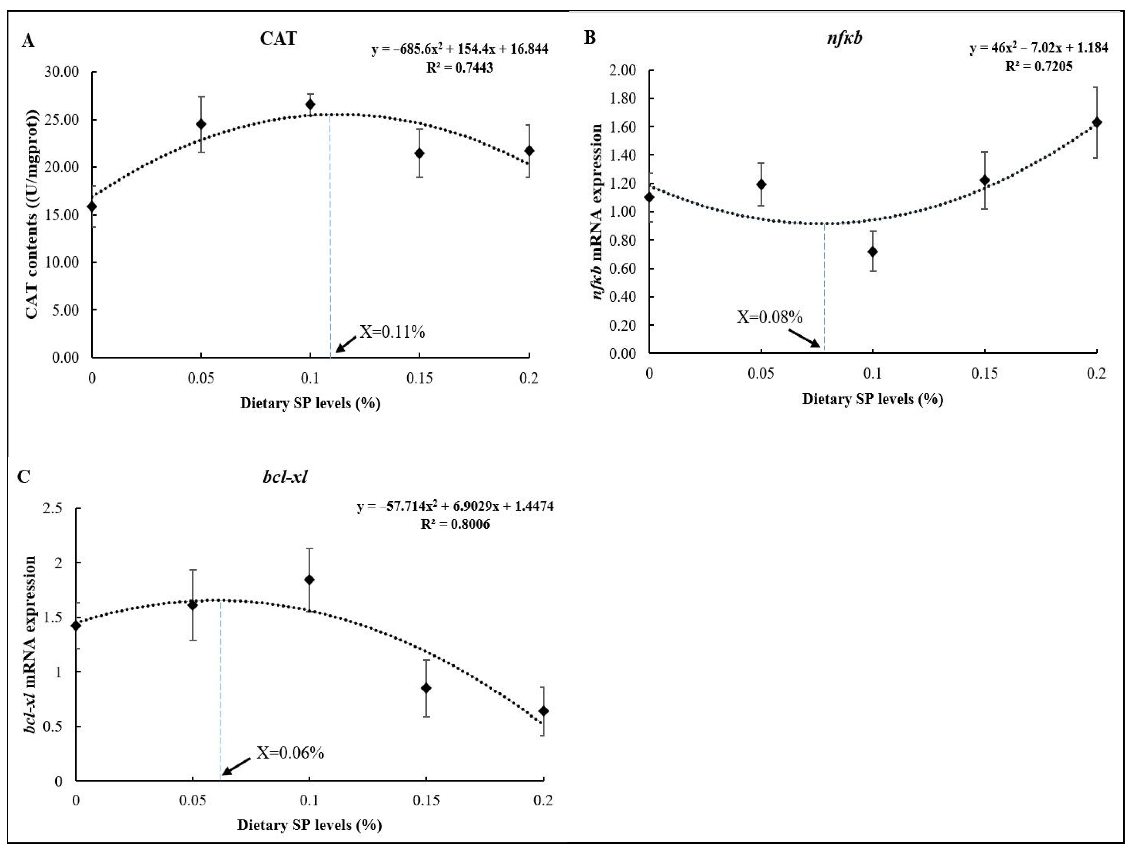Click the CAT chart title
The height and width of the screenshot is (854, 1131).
(278, 39)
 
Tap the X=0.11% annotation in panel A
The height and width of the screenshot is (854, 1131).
(392, 333)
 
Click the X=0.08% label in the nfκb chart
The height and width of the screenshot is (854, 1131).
(769, 318)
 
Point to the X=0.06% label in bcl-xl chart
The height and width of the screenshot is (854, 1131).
(290, 753)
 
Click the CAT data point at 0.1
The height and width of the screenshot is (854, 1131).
(310, 104)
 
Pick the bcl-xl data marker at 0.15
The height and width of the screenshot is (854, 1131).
(426, 688)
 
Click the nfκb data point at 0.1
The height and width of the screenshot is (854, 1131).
(873, 252)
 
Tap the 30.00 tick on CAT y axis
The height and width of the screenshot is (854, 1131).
(61, 72)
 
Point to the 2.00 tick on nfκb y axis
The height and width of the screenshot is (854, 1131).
(622, 70)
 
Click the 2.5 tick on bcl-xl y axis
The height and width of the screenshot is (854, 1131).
(53, 508)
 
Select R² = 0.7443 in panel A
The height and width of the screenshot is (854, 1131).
(460, 68)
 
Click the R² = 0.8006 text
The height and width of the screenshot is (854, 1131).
(455, 524)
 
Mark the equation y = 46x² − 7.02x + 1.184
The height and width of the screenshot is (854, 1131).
(1039, 48)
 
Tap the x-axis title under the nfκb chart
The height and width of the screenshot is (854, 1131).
(872, 399)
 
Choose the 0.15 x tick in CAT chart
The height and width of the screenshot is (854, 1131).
(419, 378)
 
